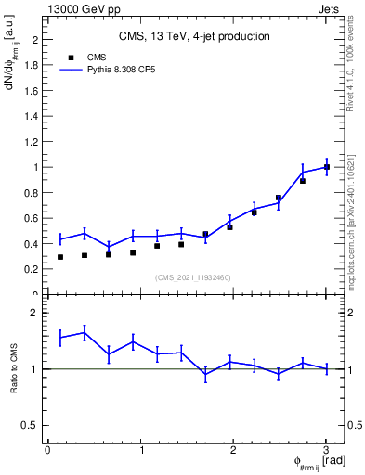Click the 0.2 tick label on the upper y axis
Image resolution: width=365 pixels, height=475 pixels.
pyautogui.click(x=33, y=269)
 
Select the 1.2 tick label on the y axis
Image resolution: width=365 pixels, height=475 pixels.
pyautogui.click(x=33, y=142)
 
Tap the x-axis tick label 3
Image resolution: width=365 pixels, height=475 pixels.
pyautogui.click(x=326, y=450)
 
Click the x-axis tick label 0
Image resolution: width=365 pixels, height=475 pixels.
pyautogui.click(x=47, y=450)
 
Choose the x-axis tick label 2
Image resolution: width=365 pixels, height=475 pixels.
pyautogui.click(x=233, y=450)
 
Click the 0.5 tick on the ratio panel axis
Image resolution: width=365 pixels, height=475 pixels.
pyautogui.click(x=31, y=425)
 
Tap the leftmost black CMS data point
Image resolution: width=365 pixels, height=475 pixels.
pyautogui.click(x=60, y=257)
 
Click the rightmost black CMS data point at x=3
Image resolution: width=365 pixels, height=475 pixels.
pyautogui.click(x=326, y=167)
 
